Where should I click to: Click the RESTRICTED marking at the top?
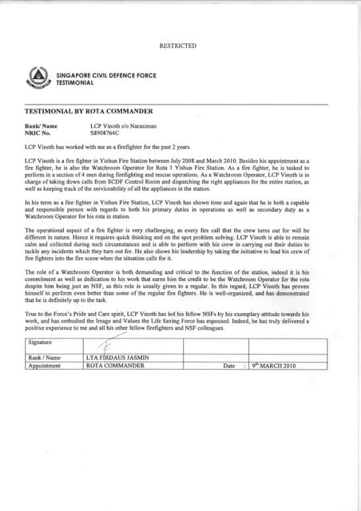(x=177, y=46)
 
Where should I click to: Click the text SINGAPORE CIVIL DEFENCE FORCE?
(x=95, y=74)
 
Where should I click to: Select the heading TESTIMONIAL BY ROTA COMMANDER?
(x=83, y=114)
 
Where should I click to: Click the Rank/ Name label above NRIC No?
(x=42, y=126)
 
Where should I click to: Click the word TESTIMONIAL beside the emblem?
(x=75, y=81)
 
